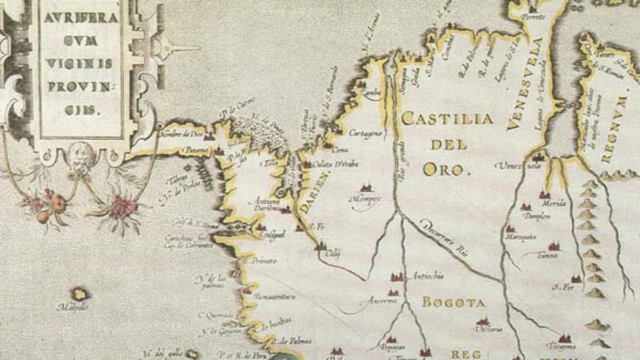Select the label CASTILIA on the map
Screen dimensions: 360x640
(447, 118)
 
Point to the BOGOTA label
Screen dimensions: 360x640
(454, 303)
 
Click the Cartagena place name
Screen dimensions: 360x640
(365, 133)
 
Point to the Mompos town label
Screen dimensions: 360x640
(365, 199)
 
